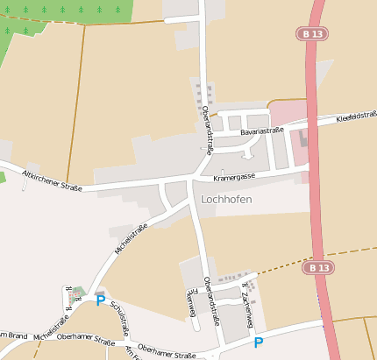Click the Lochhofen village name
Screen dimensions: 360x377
[226, 199]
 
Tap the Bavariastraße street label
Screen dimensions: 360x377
[263, 131]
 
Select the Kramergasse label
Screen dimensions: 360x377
[234, 177]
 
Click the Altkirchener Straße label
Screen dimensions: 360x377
[52, 180]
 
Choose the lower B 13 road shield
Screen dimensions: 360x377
[320, 267]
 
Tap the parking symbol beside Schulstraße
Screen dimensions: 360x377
[100, 300]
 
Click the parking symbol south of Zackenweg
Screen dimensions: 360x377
[258, 342]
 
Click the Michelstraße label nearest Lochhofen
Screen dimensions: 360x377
[131, 237]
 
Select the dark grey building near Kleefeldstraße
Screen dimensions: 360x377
[304, 139]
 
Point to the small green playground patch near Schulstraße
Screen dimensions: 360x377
[76, 292]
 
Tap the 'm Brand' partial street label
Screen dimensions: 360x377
[12, 335]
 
